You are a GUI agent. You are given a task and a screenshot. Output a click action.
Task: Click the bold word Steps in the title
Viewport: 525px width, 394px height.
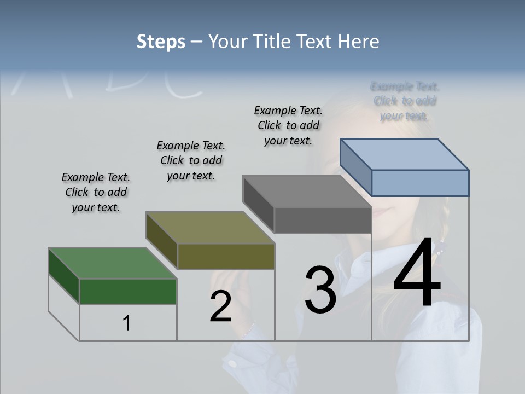coord(161,42)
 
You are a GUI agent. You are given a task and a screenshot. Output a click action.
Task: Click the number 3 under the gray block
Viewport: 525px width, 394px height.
coord(320,290)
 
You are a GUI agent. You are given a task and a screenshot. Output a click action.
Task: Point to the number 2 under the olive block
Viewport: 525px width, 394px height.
coord(220,306)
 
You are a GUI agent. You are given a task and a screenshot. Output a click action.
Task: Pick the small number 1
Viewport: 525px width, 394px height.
coord(127,323)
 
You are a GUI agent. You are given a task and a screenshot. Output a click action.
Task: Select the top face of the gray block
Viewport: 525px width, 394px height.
coord(307,192)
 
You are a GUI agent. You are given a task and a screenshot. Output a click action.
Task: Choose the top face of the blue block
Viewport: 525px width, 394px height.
coord(405,154)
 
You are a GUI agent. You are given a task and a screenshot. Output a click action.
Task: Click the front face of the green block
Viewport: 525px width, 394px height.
coord(128,291)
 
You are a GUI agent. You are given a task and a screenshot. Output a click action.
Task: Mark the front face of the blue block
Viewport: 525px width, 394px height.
coord(420,183)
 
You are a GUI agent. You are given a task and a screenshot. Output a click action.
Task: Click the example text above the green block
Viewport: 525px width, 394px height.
coord(96,193)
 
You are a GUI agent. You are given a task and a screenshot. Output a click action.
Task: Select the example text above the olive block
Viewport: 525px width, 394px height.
coord(191,160)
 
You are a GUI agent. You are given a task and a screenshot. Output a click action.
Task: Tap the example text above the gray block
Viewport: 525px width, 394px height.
coord(288,125)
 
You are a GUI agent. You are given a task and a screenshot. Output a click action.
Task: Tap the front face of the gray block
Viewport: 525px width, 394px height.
coord(323,221)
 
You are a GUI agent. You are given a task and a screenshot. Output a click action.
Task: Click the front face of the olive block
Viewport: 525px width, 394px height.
coord(226,256)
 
